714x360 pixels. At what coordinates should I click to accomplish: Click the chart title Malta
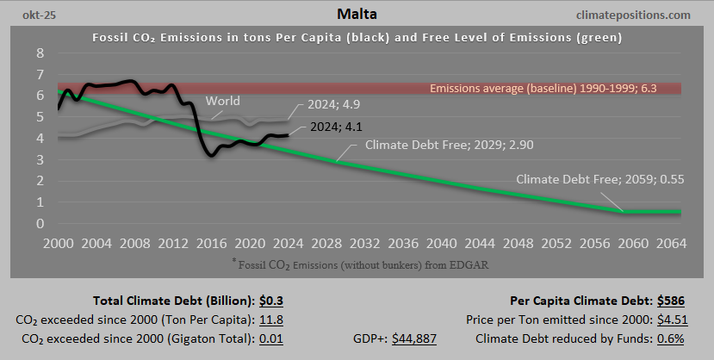tap(357, 15)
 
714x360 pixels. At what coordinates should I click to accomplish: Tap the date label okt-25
tap(28, 15)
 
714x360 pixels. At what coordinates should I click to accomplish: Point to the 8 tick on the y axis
tap(40, 53)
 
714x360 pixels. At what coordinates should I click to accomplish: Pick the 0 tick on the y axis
tap(40, 224)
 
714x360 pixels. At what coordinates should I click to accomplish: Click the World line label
tap(222, 102)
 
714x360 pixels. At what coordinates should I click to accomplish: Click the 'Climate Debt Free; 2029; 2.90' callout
tap(449, 145)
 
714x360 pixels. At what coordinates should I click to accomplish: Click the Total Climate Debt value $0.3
tap(272, 301)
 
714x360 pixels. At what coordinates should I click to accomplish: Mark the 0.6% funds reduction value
tap(670, 338)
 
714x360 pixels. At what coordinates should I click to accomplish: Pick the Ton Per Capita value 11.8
tap(271, 320)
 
